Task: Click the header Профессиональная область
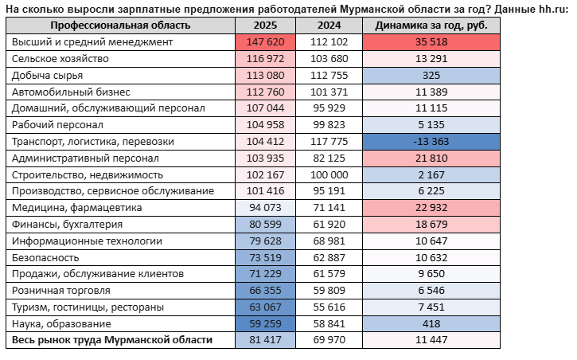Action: (x=120, y=25)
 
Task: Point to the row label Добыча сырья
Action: (x=48, y=76)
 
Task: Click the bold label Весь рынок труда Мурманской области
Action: (x=112, y=340)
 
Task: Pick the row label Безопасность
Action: (x=45, y=258)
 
